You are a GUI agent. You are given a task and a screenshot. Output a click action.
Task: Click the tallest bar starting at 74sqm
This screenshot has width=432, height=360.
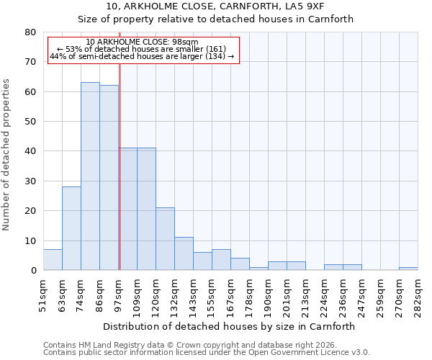point(90,176)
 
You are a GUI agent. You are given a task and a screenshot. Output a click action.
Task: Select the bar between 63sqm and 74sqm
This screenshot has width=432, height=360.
point(71,228)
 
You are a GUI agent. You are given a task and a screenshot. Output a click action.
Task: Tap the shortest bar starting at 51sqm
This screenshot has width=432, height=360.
point(53,260)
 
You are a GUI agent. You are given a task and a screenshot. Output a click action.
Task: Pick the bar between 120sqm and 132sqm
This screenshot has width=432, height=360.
point(165,239)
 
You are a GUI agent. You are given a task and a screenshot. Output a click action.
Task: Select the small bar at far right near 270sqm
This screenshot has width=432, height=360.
point(408,269)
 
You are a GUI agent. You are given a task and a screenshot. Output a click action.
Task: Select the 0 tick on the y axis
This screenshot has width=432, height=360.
point(33,271)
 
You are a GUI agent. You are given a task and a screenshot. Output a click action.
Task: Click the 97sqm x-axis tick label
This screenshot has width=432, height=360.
point(118,293)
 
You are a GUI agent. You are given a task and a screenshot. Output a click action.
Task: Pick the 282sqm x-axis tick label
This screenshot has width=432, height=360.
point(418,293)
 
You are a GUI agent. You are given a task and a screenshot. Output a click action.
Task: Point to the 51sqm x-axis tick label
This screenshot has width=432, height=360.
point(43,293)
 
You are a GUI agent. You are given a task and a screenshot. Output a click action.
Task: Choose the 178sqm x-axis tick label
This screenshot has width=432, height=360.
point(249,293)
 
